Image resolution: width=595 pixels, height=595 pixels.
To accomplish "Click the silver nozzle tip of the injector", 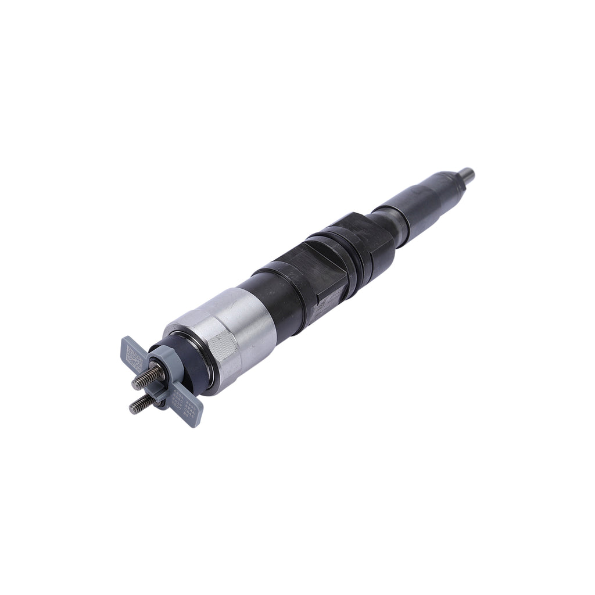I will pos(467,173).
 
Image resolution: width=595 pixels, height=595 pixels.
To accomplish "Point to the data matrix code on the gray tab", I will pos(133,354).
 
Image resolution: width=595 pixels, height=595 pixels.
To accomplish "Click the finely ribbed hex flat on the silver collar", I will pos(224,354).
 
